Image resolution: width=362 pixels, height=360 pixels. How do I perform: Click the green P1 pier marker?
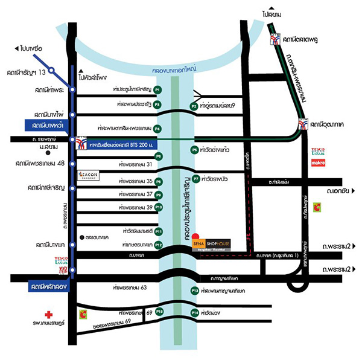click(157, 89)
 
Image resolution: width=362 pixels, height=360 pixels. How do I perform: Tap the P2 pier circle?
click(194, 106)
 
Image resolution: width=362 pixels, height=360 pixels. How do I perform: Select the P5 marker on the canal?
click(194, 149)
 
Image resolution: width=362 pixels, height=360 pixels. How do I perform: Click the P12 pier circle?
click(158, 245)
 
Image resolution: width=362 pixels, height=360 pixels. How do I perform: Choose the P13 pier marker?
click(195, 291)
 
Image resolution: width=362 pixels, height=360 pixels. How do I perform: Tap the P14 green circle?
click(194, 312)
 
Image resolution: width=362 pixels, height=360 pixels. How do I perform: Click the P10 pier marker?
click(159, 207)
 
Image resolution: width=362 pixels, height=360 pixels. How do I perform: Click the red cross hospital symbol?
click(49, 315)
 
